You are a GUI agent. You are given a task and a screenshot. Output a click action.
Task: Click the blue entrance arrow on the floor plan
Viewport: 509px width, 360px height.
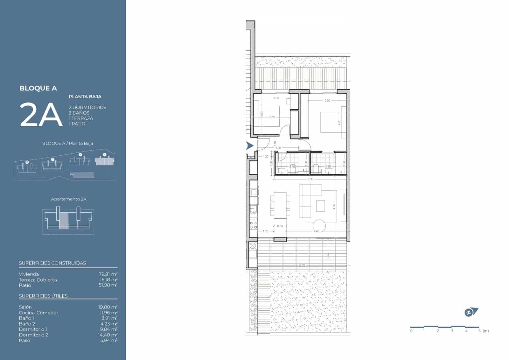[x=250, y=146]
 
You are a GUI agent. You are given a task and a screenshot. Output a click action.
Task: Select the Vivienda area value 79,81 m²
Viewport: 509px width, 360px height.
[x=108, y=274]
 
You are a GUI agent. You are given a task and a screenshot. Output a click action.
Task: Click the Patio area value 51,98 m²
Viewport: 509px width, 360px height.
[x=108, y=285]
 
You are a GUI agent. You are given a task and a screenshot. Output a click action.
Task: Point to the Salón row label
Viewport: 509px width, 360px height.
[x=25, y=307]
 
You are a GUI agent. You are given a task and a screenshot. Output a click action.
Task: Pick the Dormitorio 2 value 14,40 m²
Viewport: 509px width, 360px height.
[x=108, y=335]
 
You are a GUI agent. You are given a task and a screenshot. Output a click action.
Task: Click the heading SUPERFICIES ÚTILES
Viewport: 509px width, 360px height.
[x=43, y=296]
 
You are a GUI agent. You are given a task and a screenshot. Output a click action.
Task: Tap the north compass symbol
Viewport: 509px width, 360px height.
[x=471, y=312]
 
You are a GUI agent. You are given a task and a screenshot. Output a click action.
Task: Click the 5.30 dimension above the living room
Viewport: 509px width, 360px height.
[x=310, y=179]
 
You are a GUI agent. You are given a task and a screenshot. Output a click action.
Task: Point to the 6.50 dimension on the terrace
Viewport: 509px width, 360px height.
[x=302, y=265]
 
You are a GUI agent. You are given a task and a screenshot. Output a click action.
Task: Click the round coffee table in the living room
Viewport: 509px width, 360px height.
[x=319, y=226]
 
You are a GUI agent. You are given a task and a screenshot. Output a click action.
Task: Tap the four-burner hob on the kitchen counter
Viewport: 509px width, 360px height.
[x=254, y=225]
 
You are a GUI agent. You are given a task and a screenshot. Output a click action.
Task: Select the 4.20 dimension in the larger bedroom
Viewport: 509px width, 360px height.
[x=339, y=122]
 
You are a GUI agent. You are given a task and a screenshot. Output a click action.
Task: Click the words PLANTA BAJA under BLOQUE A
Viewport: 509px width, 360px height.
[x=85, y=97]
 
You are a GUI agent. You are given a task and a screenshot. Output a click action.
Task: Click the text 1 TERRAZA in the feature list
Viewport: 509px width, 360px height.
[x=81, y=118]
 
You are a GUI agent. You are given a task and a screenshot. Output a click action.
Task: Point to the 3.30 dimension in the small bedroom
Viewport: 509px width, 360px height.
[x=276, y=98]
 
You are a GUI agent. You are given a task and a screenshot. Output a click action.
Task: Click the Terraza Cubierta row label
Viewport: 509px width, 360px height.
[x=38, y=280]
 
